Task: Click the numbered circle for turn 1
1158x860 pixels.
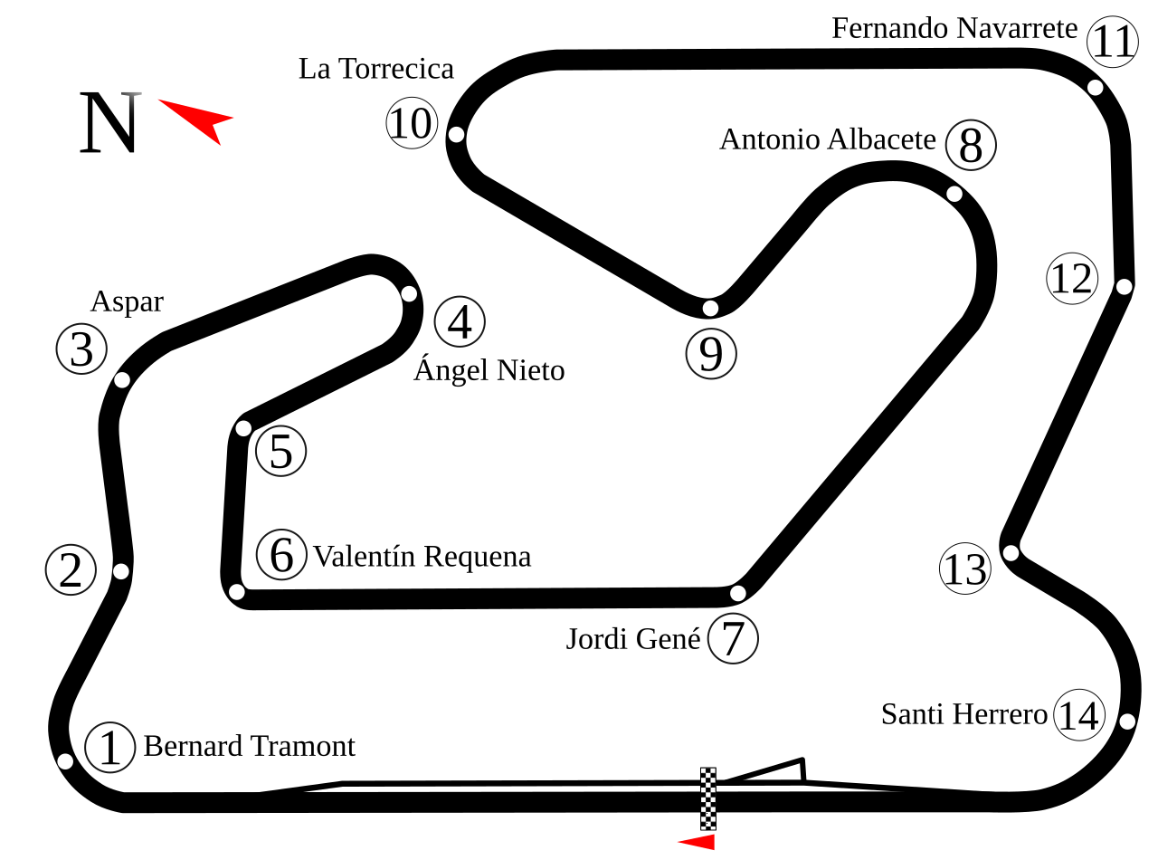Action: [x=110, y=748]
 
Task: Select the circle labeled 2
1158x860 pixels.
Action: [x=71, y=570]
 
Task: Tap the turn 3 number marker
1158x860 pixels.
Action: [x=81, y=349]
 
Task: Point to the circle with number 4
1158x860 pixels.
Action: [x=460, y=321]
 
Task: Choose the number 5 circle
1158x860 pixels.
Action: [x=281, y=451]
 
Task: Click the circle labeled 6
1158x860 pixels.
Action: [x=281, y=554]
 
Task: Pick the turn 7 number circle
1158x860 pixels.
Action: [x=733, y=638]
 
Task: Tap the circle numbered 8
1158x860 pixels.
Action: [x=971, y=145]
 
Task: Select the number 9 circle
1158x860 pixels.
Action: [x=711, y=353]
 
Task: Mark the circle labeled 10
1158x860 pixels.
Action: [x=412, y=123]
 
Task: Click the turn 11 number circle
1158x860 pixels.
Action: [x=1113, y=42]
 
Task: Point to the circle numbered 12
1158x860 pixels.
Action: [x=1072, y=279]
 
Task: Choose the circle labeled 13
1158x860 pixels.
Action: [x=965, y=569]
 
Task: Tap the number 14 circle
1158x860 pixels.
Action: [x=1079, y=715]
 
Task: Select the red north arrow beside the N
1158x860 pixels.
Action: [x=201, y=118]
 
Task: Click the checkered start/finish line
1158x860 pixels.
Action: [x=708, y=798]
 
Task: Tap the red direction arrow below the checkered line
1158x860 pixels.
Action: [x=698, y=842]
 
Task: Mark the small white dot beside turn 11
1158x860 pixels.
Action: [x=1096, y=88]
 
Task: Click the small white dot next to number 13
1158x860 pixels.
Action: [x=1011, y=553]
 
